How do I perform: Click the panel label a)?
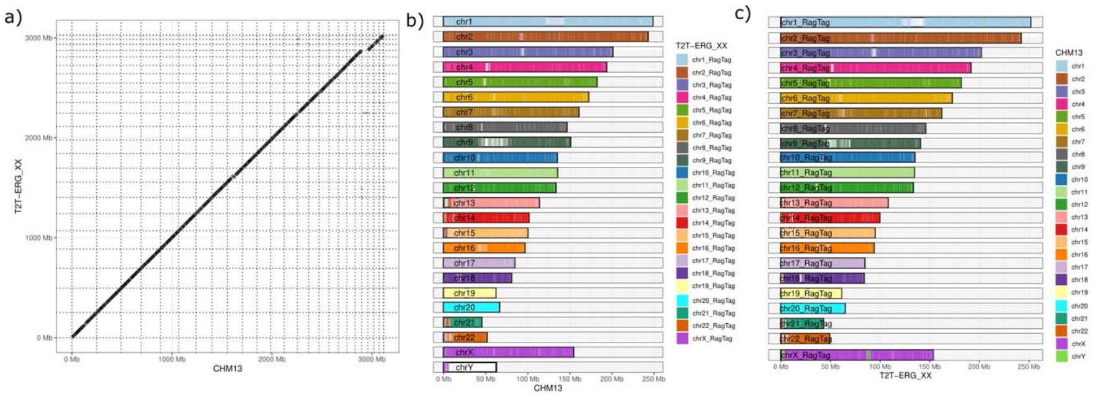13,17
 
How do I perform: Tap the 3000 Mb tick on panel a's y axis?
38,38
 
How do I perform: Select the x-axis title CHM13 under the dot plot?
227,368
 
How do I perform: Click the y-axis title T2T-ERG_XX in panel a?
18,186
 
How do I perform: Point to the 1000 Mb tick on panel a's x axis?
172,359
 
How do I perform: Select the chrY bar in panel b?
470,367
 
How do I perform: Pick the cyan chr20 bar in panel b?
471,307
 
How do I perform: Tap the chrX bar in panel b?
508,352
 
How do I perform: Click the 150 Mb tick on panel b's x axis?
569,378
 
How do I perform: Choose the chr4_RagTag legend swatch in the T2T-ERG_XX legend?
682,97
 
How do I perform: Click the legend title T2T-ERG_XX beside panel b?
701,46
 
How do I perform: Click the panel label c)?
743,13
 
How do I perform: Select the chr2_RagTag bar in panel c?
900,38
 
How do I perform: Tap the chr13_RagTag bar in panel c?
834,203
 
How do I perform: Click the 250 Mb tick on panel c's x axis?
1028,367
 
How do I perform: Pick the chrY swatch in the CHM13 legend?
1061,357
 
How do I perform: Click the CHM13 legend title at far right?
1068,53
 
